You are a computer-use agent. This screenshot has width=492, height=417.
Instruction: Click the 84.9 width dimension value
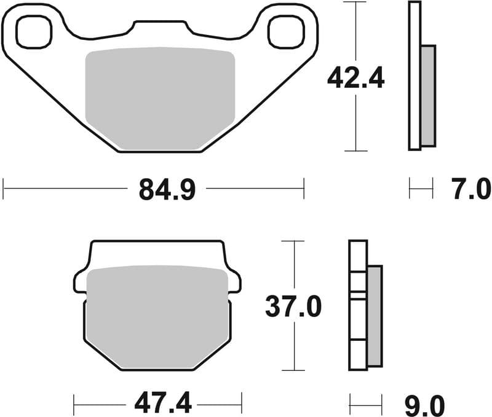[167, 190]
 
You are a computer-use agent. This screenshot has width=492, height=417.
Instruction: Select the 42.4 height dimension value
[355, 78]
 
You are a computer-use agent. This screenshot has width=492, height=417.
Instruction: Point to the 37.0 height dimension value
[293, 306]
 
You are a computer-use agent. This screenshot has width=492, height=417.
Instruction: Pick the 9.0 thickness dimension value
[424, 405]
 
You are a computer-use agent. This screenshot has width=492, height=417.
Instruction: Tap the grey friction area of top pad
[160, 98]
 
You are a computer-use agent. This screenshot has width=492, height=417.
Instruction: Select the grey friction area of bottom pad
[157, 316]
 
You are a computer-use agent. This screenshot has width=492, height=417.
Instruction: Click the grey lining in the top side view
[428, 95]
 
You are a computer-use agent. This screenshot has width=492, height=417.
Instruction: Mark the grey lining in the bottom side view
[375, 316]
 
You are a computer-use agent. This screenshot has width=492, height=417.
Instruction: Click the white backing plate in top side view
[415, 77]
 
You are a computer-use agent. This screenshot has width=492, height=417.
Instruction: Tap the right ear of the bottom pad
[234, 281]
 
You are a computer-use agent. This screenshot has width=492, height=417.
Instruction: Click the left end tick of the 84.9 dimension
[4, 189]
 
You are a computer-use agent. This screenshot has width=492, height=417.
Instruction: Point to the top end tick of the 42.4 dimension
[356, 2]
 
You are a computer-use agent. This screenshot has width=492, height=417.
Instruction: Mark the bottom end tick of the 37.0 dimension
[294, 370]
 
